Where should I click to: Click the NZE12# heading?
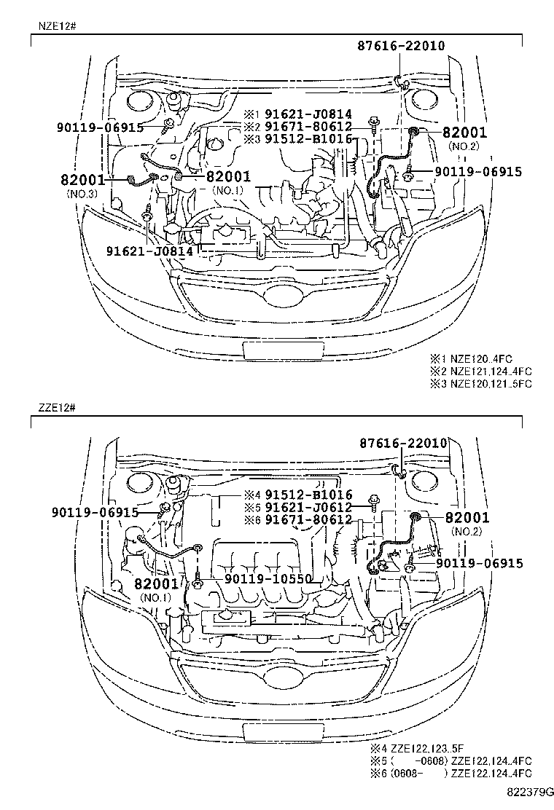(x=55, y=25)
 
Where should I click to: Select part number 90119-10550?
(x=269, y=579)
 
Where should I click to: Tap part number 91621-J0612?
(x=308, y=507)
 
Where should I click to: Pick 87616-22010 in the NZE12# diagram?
(x=401, y=46)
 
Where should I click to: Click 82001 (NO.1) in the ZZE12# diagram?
(x=155, y=584)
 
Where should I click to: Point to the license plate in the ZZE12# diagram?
(x=279, y=732)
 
